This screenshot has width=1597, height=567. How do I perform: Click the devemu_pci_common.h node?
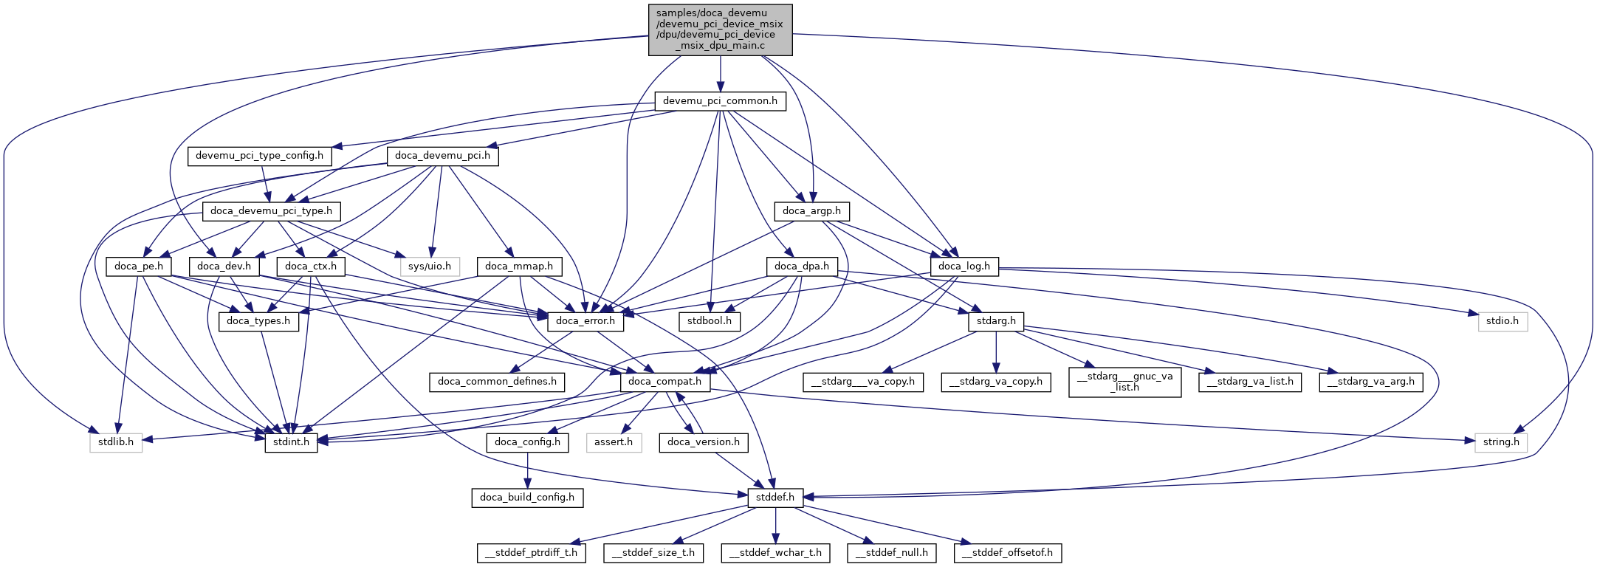720,101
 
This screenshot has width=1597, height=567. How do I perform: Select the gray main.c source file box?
720,30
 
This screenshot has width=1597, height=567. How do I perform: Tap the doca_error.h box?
585,321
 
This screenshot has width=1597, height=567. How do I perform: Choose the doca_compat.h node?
665,382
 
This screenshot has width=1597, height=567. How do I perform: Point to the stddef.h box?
775,498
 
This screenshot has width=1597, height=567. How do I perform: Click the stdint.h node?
291,442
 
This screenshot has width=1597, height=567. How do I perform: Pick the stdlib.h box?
116,442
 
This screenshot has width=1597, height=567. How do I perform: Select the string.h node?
1501,442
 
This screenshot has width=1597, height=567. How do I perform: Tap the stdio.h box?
1502,321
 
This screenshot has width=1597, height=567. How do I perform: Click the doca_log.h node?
964,266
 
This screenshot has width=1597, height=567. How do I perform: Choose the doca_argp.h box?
811,211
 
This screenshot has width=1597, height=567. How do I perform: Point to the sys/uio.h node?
430,266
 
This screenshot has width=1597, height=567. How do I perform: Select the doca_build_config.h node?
527,498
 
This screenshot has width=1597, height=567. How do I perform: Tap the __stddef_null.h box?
892,552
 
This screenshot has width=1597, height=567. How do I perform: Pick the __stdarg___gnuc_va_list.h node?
1124,382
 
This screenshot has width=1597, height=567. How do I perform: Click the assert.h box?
614,442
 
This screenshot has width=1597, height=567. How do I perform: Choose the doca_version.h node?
703,442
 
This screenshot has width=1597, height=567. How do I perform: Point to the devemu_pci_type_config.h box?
259,156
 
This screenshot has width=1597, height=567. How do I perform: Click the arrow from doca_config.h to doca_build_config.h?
527,470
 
